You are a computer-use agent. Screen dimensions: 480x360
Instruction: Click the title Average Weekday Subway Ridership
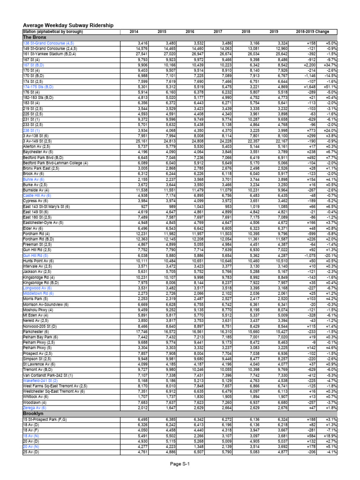tap(68, 25)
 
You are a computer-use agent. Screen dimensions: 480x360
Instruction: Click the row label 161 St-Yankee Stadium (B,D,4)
tap(50, 54)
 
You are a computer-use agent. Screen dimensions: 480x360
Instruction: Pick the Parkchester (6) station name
tap(37, 331)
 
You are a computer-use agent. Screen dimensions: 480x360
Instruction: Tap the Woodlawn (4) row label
tap(35, 403)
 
